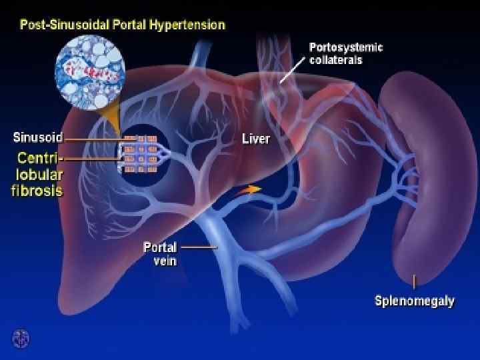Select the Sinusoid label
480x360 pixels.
point(38,139)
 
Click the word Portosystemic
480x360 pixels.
point(346,47)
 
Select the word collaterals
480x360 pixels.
point(337,60)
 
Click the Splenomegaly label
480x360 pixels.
point(414,301)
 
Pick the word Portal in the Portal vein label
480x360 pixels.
point(160,247)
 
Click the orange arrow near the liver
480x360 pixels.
point(249,190)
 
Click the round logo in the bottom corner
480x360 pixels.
point(21,338)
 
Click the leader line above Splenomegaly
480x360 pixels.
point(415,282)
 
